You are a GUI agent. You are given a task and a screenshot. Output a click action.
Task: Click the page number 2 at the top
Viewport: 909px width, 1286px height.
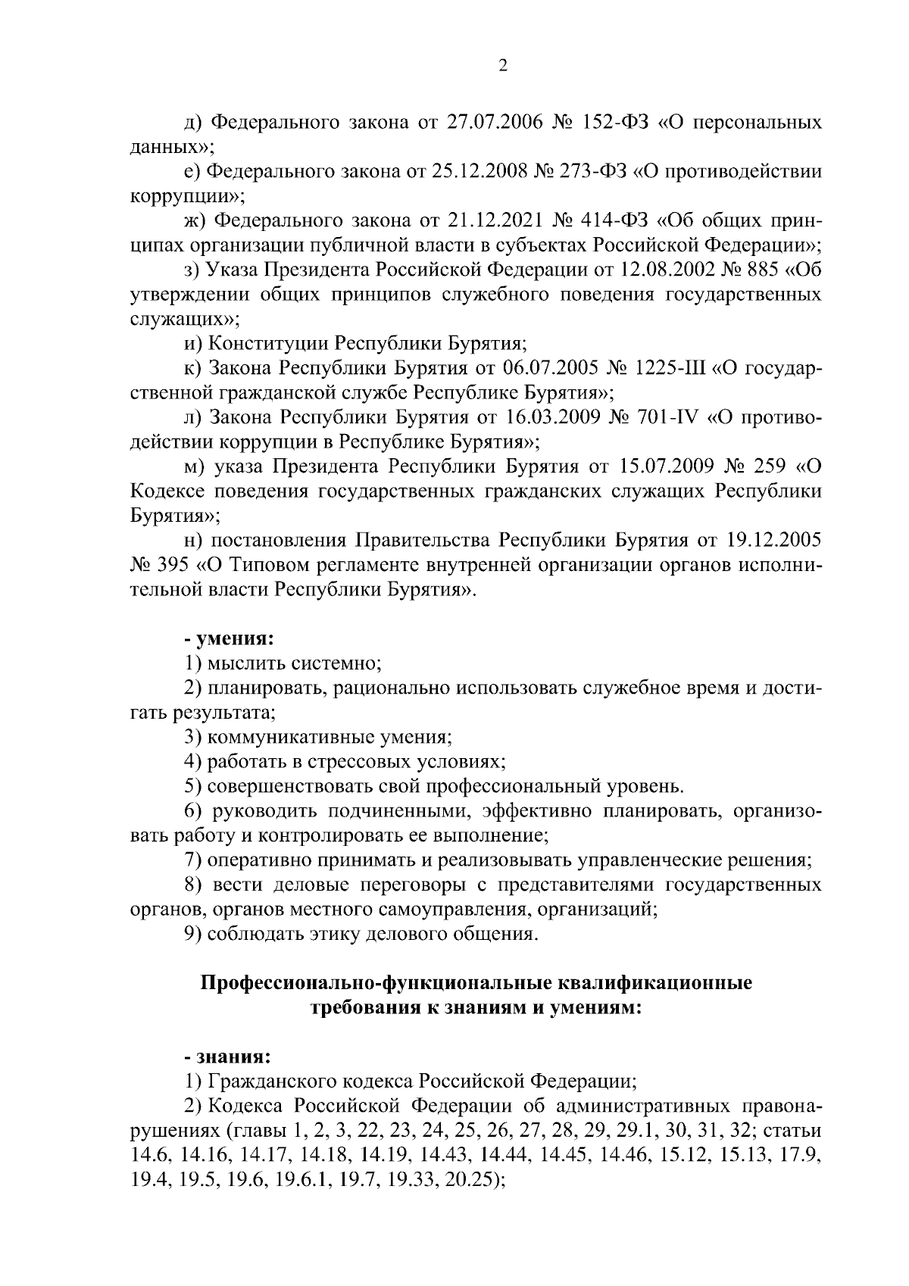[x=502, y=66]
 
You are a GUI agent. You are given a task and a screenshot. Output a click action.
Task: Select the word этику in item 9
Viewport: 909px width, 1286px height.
[x=333, y=934]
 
